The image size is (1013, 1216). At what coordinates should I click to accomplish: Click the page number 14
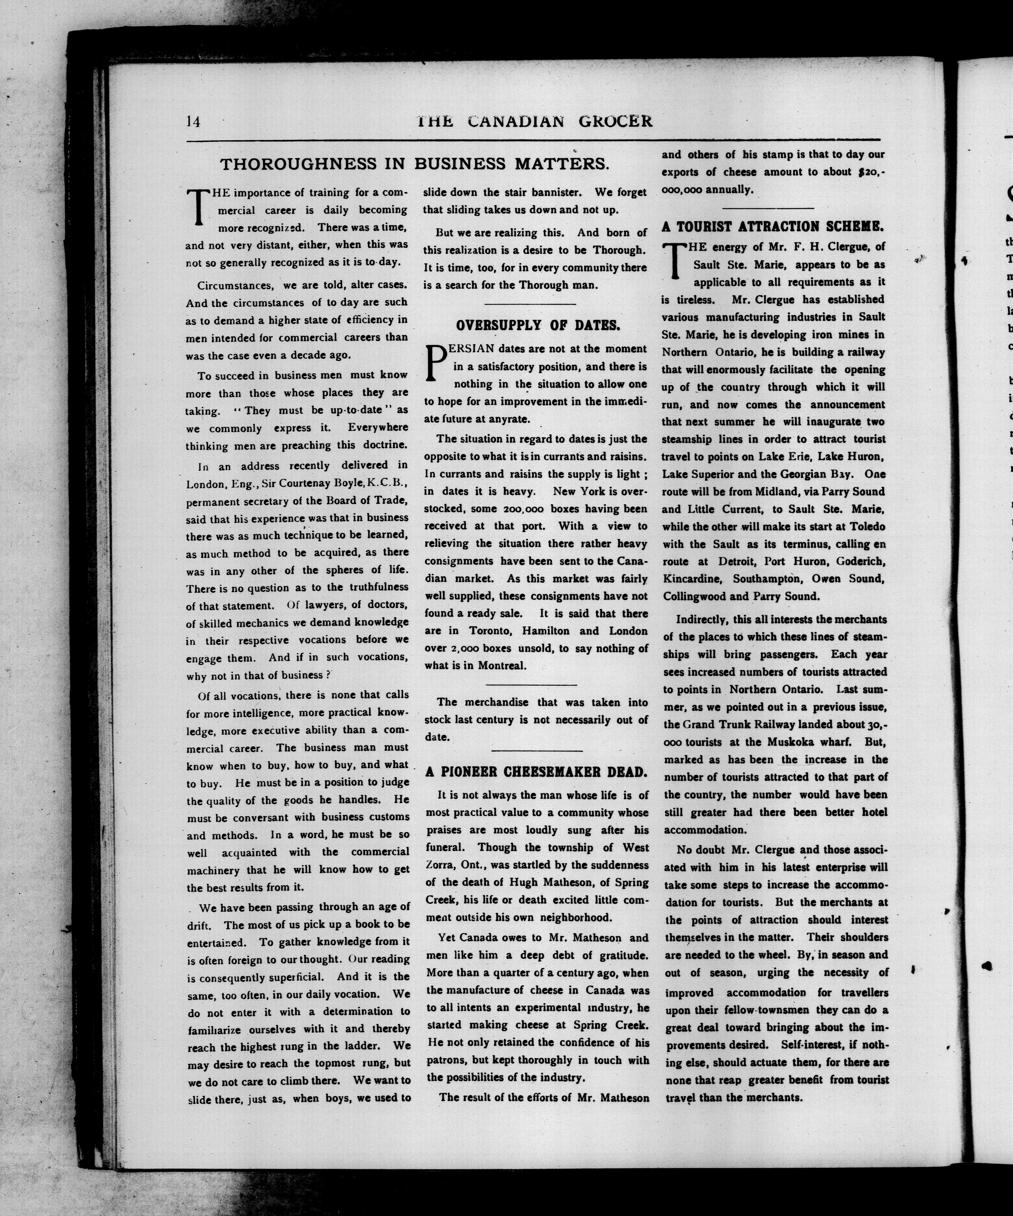[193, 121]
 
